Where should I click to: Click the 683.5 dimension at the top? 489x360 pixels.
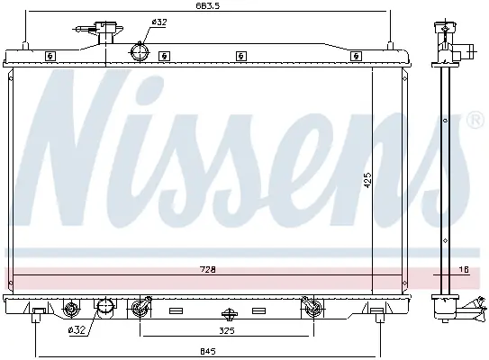pyautogui.click(x=208, y=5)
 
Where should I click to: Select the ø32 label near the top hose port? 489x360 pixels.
pyautogui.click(x=159, y=22)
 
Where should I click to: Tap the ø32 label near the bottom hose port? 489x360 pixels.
pyautogui.click(x=77, y=330)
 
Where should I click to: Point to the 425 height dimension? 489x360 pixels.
pyautogui.click(x=367, y=180)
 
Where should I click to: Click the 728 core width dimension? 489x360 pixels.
pyautogui.click(x=208, y=269)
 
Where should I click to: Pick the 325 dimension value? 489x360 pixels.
pyautogui.click(x=226, y=330)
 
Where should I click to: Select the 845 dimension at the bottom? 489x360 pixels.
pyautogui.click(x=208, y=351)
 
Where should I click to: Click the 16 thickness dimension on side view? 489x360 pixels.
pyautogui.click(x=464, y=269)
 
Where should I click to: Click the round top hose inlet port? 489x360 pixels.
pyautogui.click(x=140, y=52)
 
